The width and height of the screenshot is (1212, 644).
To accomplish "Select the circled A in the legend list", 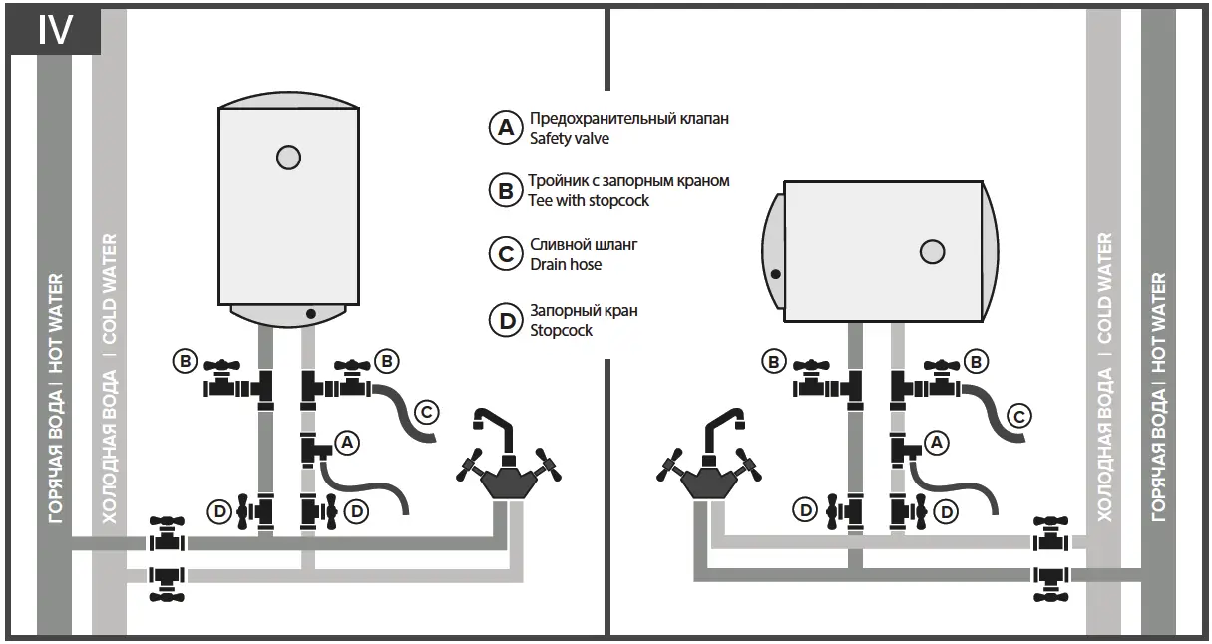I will click(505, 128).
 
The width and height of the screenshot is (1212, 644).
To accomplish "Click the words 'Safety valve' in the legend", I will click(569, 139).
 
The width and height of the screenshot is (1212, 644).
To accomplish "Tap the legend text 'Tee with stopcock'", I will click(589, 200).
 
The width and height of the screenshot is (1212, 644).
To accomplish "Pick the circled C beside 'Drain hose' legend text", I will click(505, 253).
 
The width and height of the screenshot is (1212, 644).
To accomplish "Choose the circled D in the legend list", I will click(505, 320).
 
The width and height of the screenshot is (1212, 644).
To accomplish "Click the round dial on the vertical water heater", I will click(288, 157).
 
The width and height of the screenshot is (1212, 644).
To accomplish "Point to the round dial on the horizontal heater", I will click(932, 252).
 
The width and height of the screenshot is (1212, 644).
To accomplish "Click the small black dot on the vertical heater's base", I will click(312, 313).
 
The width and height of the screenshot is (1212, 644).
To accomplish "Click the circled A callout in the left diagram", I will click(346, 441).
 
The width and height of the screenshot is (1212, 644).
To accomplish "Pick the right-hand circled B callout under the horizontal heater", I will click(977, 361).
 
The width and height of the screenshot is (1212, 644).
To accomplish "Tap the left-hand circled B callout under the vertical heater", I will click(185, 361).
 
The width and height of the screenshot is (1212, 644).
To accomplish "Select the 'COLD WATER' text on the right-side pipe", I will click(1104, 288).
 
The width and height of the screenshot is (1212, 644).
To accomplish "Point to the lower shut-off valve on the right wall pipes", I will click(1050, 578).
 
